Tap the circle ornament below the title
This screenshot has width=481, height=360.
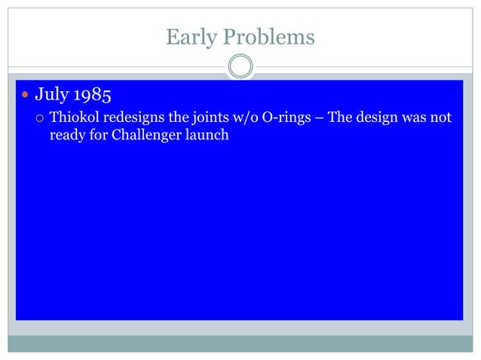(240, 67)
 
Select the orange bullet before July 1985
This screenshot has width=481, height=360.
(25, 97)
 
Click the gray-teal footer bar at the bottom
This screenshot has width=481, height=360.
(240, 343)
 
